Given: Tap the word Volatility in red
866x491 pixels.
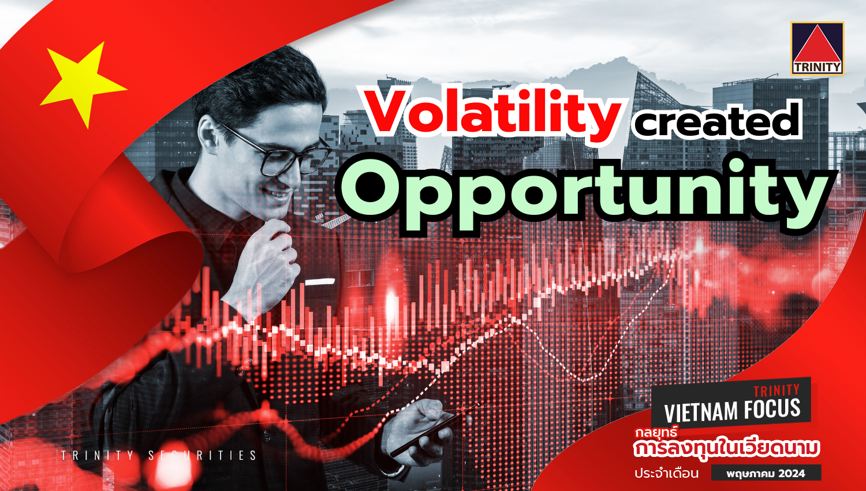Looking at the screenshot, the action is pyautogui.click(x=492, y=114).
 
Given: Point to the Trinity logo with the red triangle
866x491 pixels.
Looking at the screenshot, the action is pyautogui.click(x=818, y=49).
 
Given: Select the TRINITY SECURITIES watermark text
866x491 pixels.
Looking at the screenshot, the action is pyautogui.click(x=159, y=455).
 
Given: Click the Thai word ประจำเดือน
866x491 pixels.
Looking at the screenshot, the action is pyautogui.click(x=666, y=474).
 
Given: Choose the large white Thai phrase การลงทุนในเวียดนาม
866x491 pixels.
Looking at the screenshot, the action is pyautogui.click(x=727, y=449).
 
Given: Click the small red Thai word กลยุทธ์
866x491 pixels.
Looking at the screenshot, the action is pyautogui.click(x=656, y=432).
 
